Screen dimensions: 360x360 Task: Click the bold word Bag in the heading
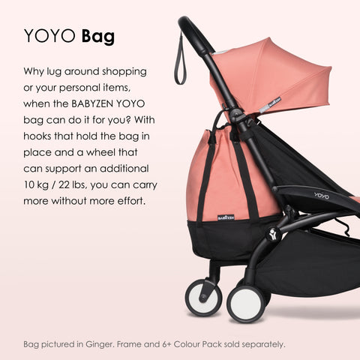[x=97, y=37]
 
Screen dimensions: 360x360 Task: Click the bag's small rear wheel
[x=203, y=297]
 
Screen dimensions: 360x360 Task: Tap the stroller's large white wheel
[x=245, y=302]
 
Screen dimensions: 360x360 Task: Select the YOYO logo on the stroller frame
[x=321, y=196]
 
